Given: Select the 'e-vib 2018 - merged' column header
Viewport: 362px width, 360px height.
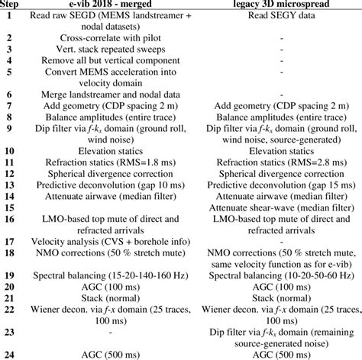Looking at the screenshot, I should coord(106,4).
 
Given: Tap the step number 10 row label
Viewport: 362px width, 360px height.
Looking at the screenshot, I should coord(9,153).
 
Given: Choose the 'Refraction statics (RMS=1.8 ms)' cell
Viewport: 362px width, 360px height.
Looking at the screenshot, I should coord(106,163).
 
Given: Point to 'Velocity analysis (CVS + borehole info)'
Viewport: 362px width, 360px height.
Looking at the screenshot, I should coord(106,240).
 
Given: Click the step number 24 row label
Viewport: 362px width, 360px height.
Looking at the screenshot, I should coord(9,354).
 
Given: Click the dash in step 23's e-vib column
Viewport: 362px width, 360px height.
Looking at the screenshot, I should coord(106,332).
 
